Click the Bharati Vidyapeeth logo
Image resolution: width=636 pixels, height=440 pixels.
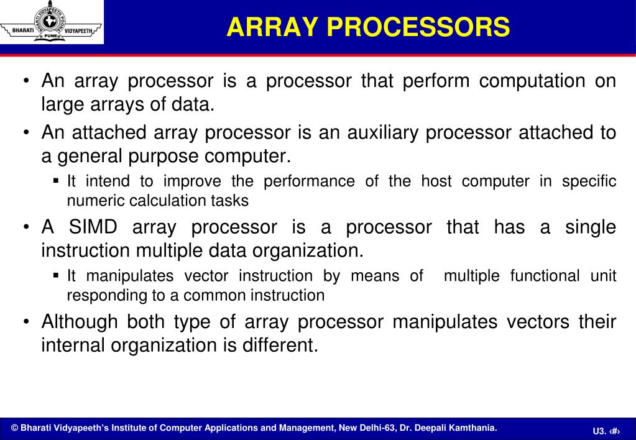pyautogui.click(x=52, y=22)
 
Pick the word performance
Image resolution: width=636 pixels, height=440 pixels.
pyautogui.click(x=305, y=181)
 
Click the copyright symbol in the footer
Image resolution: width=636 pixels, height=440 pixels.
pyautogui.click(x=15, y=428)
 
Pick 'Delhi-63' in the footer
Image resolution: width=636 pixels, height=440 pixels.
pyautogui.click(x=374, y=428)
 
